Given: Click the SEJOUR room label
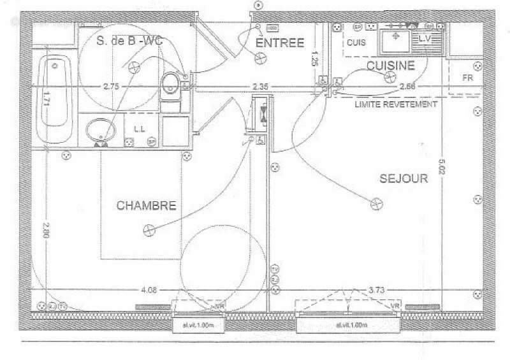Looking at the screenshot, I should click(403, 179).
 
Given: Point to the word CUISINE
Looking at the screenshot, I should click(391, 65).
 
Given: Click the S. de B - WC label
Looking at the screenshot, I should click(129, 41).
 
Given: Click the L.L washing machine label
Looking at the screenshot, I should click(140, 129).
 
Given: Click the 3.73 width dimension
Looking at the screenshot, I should click(377, 291).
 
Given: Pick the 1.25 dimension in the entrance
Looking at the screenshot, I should click(314, 61).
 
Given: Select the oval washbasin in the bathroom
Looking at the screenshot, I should click(99, 130).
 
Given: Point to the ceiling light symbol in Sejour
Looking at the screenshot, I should click(376, 204).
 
